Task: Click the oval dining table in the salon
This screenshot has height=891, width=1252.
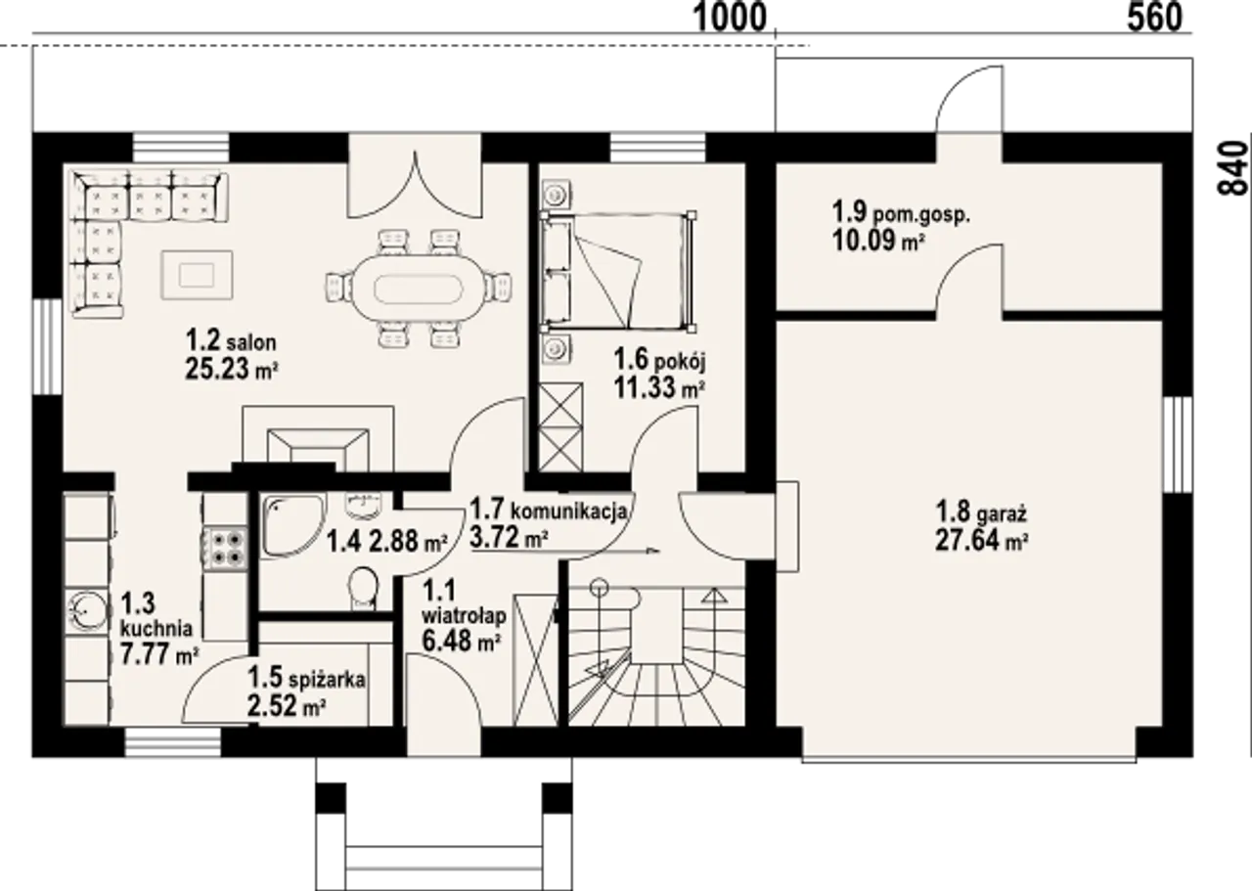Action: pos(418,289)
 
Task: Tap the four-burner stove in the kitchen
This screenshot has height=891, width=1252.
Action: pos(224,548)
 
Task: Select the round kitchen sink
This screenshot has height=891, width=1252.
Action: pos(87,611)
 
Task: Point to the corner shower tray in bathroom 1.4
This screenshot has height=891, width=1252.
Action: pos(292,526)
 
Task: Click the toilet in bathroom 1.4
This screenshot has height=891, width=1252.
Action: pos(363,589)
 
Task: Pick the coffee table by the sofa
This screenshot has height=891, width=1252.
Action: pos(197,275)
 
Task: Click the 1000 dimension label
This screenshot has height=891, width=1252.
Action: pos(730,18)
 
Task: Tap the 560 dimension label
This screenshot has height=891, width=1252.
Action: pos(1154,18)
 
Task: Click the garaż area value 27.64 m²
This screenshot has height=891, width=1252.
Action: pos(983,541)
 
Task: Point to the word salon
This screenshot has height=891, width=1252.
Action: pos(251,341)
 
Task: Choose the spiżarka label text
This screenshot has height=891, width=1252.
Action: pos(328,680)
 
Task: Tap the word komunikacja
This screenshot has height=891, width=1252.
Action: pos(569,511)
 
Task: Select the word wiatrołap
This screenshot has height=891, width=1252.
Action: pos(464,616)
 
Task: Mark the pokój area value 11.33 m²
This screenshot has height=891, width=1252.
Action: pos(659,387)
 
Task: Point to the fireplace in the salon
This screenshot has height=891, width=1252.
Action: pos(318,441)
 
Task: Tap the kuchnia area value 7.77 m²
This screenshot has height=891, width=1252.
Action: pos(159,654)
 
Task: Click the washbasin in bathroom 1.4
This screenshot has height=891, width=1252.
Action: pos(363,505)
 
